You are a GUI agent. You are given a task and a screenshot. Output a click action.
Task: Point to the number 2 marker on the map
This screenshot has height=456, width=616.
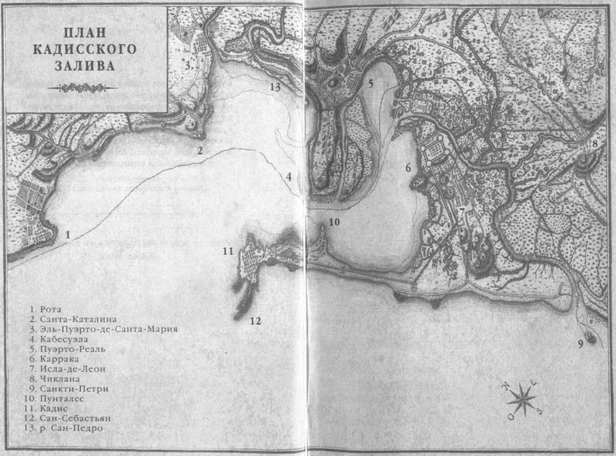coord(199,150)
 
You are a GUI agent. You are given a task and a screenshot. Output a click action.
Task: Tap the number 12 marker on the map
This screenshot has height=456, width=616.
coord(256,320)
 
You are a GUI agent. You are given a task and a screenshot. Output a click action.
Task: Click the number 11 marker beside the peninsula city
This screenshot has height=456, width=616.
coord(226,251)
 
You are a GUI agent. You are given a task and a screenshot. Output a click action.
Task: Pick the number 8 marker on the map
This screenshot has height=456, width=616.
coord(594,143)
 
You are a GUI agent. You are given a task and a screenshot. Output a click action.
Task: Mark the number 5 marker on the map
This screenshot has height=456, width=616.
coord(370,83)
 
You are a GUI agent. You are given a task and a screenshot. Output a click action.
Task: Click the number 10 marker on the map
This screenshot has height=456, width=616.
coord(333,222)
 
